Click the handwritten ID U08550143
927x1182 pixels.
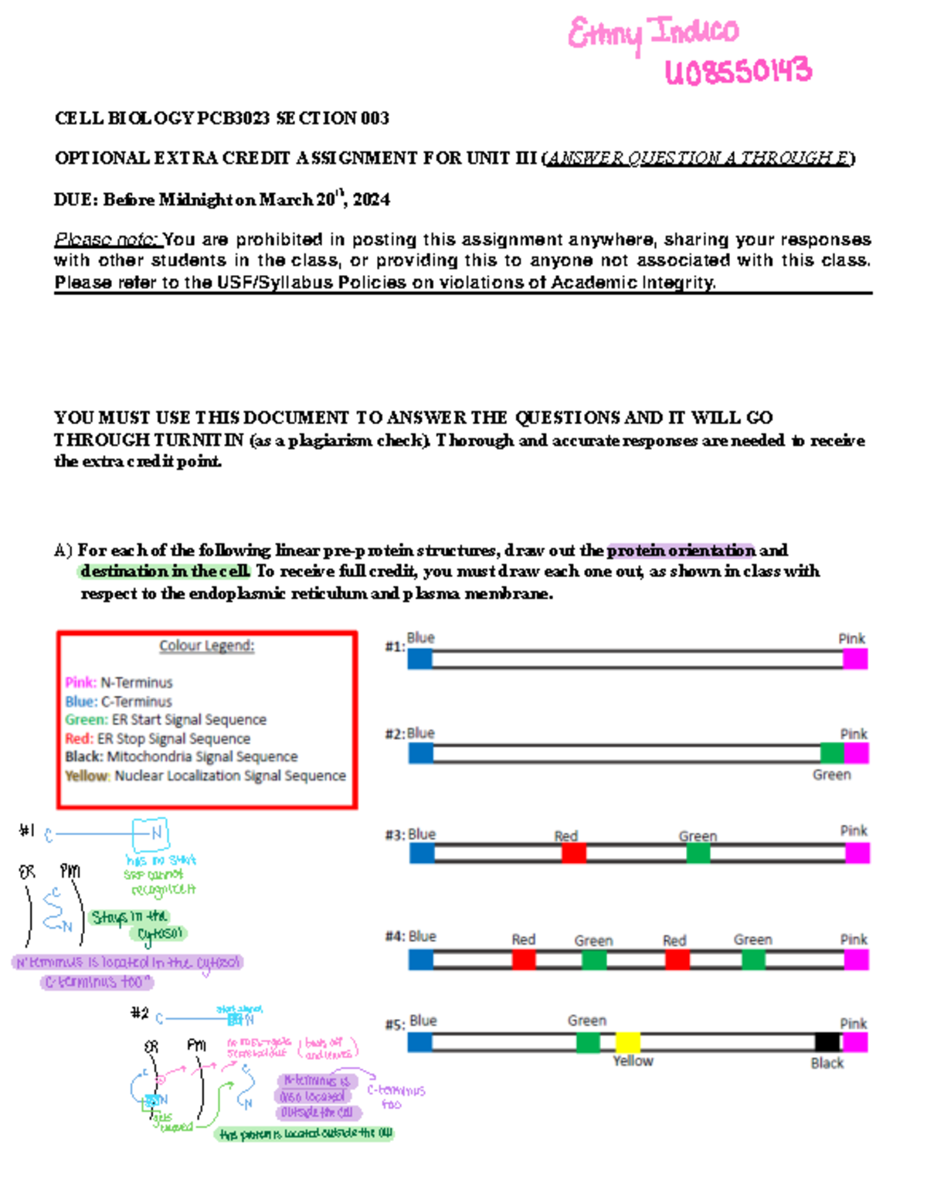pos(738,72)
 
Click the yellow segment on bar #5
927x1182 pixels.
pos(628,1042)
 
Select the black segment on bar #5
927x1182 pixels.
pos(827,1042)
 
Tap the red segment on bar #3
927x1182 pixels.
pos(573,853)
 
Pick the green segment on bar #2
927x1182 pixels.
pos(832,753)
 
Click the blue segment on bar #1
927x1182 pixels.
pos(419,659)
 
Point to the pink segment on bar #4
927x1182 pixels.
pos(856,960)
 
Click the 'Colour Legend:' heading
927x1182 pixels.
pos(206,646)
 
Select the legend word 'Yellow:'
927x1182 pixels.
pos(87,776)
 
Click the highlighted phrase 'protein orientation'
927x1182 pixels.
pos(681,551)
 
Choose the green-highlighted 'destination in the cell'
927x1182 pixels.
pos(165,572)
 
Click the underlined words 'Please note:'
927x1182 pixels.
pos(107,239)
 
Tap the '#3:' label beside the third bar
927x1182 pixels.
pos(395,835)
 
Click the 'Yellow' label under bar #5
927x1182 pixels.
pos(633,1061)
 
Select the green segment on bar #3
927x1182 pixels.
pos(698,853)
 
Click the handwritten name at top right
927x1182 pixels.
pos(653,33)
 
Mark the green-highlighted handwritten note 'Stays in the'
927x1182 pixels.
pos(129,917)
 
